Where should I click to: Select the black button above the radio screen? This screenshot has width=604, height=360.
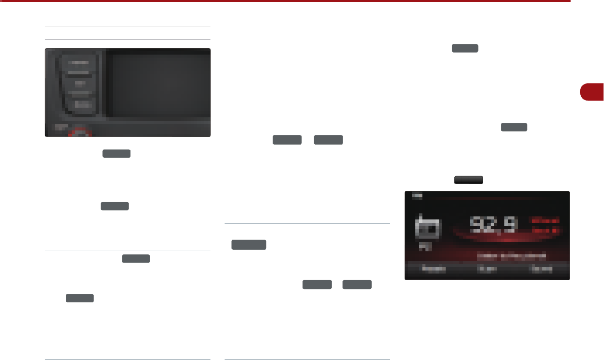click(468, 179)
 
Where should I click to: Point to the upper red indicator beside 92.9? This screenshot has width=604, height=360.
click(544, 221)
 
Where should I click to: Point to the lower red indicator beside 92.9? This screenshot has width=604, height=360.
click(544, 231)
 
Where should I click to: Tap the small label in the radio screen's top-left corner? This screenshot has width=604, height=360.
click(415, 195)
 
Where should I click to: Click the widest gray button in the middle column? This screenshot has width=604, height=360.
click(249, 245)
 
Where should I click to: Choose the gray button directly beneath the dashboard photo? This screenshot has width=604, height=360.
click(116, 153)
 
